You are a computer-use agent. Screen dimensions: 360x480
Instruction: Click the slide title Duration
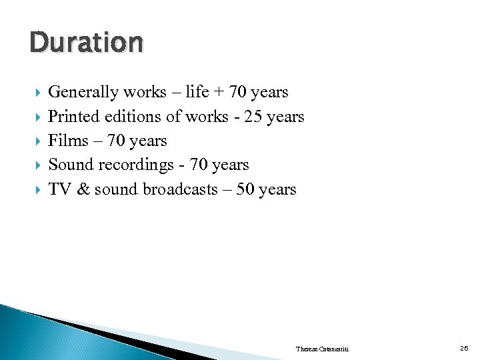pyautogui.click(x=86, y=43)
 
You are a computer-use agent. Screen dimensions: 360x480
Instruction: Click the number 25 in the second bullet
pyautogui.click(x=253, y=117)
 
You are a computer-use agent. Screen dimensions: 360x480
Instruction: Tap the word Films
pyautogui.click(x=67, y=141)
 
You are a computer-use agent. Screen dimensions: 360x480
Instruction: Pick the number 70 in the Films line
pyautogui.click(x=115, y=141)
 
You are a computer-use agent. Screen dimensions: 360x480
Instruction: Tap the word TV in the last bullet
pyautogui.click(x=60, y=189)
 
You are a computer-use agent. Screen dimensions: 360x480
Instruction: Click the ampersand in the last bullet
pyautogui.click(x=83, y=189)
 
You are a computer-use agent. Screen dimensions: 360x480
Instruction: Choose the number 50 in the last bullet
pyautogui.click(x=246, y=189)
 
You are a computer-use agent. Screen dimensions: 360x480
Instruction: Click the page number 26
pyautogui.click(x=464, y=348)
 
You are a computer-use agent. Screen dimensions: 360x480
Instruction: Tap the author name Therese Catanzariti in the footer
pyautogui.click(x=321, y=349)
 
